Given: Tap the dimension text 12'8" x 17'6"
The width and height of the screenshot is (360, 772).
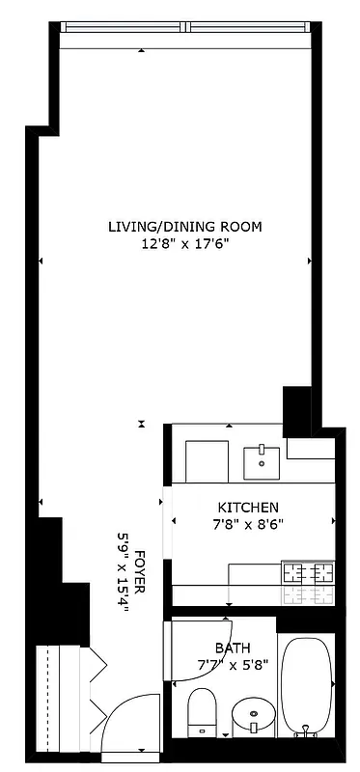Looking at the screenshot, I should [x=184, y=244].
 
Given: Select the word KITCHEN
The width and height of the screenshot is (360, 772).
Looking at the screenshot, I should [x=248, y=508].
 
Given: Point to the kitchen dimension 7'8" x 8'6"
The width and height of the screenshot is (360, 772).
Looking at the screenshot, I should [x=248, y=524].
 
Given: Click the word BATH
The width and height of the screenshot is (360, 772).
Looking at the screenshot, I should [x=233, y=648].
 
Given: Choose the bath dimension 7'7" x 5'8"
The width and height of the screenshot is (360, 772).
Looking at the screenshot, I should [x=233, y=664].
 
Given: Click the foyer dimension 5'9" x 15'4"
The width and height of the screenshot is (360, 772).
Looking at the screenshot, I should [x=124, y=575].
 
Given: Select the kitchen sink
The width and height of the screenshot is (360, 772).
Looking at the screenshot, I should [x=261, y=462].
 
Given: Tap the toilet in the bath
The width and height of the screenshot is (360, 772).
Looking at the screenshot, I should [x=201, y=712].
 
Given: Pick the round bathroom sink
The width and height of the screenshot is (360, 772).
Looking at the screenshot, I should [x=254, y=716].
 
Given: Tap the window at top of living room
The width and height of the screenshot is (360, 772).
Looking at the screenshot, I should [x=184, y=26].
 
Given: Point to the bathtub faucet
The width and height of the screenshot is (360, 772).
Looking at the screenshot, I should [x=306, y=733].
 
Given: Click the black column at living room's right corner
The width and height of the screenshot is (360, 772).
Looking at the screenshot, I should [x=294, y=409].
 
